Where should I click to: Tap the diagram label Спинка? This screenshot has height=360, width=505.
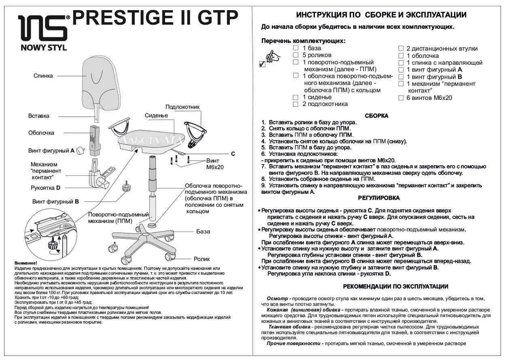tap(43, 76)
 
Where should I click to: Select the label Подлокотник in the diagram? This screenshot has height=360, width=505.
tap(182, 107)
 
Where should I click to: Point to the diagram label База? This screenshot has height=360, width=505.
tap(203, 231)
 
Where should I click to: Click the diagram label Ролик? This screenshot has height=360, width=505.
tap(202, 258)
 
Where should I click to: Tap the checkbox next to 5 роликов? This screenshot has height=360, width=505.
tap(296, 55)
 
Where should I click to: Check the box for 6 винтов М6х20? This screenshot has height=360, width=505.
tap(401, 98)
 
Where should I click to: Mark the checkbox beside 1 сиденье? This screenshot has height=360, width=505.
tap(296, 97)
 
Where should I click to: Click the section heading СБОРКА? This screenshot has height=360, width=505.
tap(376, 116)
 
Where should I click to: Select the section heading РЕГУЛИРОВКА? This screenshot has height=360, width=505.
tap(379, 198)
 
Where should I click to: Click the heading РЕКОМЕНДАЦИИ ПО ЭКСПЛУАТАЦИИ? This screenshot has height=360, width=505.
tap(395, 286)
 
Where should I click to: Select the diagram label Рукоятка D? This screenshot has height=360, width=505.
tap(45, 188)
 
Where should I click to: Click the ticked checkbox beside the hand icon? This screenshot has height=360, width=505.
tap(262, 64)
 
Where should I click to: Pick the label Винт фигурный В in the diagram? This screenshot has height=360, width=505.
tap(55, 201)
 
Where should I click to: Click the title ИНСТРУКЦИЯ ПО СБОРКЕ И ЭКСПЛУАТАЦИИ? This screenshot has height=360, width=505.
tap(381, 15)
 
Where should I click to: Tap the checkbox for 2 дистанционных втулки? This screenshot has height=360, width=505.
tap(401, 49)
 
